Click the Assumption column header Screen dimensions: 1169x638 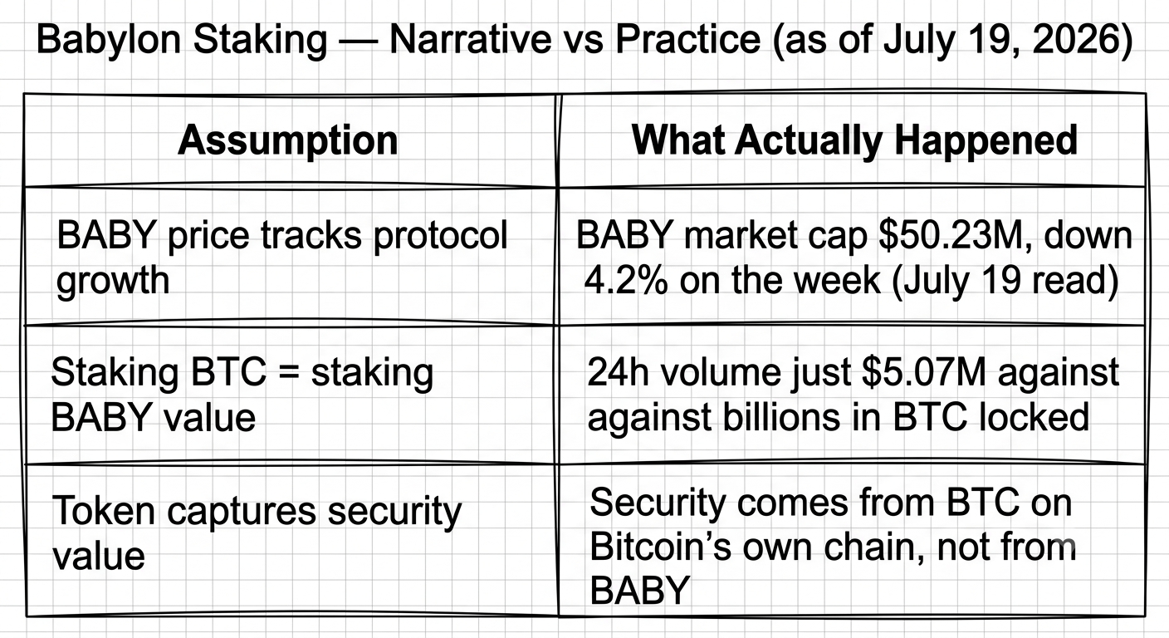(287, 141)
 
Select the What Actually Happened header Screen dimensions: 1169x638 (854, 141)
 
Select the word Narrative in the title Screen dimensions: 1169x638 (470, 40)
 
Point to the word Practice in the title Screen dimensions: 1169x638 (687, 40)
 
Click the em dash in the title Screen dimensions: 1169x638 (359, 41)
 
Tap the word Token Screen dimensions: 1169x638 (103, 511)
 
